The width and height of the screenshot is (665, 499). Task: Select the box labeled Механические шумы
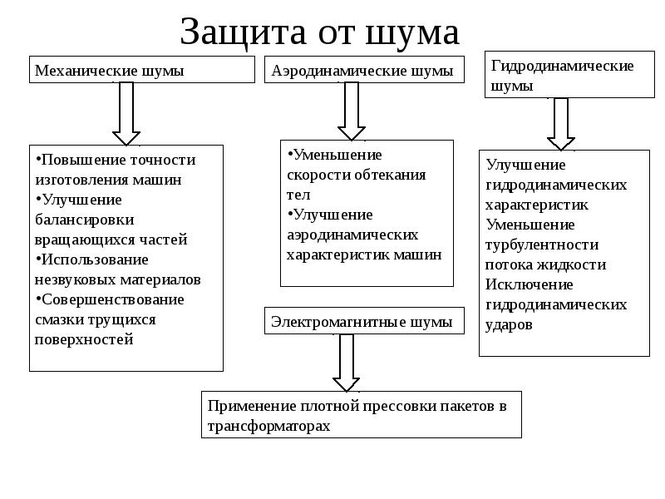(142, 70)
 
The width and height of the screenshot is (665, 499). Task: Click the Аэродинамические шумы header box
(364, 70)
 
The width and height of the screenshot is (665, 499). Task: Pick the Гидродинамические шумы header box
(569, 75)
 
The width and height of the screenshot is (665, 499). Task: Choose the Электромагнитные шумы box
(364, 321)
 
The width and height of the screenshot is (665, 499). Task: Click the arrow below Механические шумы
(126, 114)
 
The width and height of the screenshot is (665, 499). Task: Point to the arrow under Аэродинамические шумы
(352, 111)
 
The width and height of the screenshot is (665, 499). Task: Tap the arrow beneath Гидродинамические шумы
(561, 124)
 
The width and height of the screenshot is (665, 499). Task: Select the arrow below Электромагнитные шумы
(347, 363)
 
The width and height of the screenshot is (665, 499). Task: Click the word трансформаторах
(268, 426)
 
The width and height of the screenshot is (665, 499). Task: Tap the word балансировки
(85, 220)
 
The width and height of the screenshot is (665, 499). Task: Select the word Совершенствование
(113, 299)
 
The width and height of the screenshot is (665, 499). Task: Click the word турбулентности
(542, 245)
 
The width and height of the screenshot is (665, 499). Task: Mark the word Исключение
(530, 284)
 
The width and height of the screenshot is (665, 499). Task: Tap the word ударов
(509, 324)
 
